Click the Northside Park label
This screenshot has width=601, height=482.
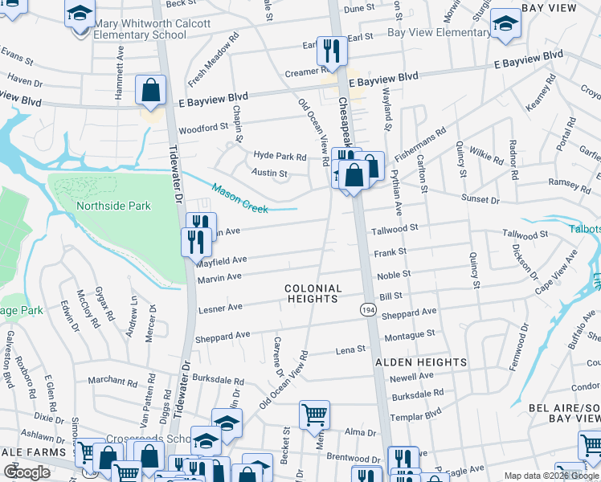(x=113, y=206)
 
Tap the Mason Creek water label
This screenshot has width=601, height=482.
(x=239, y=199)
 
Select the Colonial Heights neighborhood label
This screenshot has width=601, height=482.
(x=313, y=293)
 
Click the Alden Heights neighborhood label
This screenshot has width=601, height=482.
(x=421, y=362)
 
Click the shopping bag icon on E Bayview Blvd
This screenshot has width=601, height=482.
(x=150, y=91)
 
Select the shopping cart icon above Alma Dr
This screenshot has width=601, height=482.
(x=313, y=415)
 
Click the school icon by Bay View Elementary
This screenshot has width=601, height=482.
(x=505, y=23)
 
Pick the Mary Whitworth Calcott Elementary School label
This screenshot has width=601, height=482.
(x=152, y=30)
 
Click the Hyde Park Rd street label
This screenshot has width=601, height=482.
(x=280, y=157)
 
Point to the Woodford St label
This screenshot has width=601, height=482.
(x=203, y=129)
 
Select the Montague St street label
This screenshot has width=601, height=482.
(x=409, y=333)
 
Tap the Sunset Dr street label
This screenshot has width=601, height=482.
(x=480, y=199)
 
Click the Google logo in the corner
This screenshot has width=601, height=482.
(x=27, y=472)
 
